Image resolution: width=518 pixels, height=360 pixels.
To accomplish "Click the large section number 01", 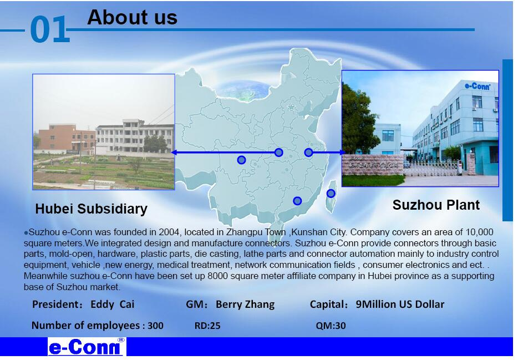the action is (x=50, y=30).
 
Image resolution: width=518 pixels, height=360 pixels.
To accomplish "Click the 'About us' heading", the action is (x=132, y=17).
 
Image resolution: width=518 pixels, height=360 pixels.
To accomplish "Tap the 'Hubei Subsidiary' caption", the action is (x=91, y=209).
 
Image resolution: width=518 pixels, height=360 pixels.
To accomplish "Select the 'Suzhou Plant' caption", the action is (x=436, y=205).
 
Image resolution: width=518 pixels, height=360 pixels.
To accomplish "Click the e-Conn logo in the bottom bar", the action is (x=87, y=347).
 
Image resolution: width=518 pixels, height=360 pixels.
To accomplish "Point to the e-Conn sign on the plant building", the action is (x=478, y=87).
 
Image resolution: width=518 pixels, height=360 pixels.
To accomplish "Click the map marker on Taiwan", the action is (x=331, y=194).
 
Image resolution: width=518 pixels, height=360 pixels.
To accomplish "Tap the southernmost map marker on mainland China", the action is (x=297, y=201).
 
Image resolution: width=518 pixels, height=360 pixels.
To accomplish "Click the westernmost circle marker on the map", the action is (x=241, y=160).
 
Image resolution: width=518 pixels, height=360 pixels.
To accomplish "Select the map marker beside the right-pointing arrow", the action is (x=308, y=152).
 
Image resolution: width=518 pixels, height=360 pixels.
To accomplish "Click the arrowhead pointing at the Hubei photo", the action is (x=174, y=152).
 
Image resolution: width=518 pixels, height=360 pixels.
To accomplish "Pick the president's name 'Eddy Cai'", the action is (x=113, y=304).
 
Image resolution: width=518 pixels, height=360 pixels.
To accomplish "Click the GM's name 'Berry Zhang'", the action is (x=245, y=304).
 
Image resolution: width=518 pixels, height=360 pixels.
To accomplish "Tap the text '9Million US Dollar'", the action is (x=400, y=304).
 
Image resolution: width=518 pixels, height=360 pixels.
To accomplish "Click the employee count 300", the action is (x=155, y=326).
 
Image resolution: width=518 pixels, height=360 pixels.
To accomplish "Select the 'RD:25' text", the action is (x=207, y=326).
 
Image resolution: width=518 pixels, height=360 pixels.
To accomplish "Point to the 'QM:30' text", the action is (x=331, y=326).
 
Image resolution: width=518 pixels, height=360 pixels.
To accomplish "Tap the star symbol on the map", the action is (x=291, y=108).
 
